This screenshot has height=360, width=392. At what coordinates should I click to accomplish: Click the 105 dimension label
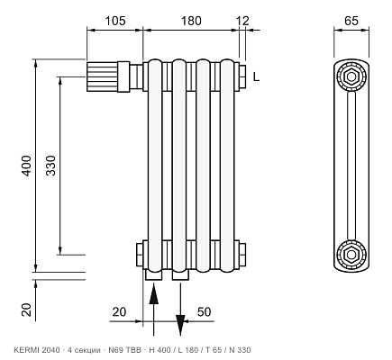[x=115, y=21]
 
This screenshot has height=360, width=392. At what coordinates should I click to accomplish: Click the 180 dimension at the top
[x=191, y=21]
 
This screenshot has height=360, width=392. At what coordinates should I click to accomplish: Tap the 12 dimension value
[x=242, y=21]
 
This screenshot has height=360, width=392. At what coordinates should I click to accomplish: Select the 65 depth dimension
[x=351, y=21]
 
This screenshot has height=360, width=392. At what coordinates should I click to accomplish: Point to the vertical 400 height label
[x=26, y=166]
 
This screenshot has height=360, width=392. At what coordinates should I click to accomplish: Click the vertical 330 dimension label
[x=50, y=166]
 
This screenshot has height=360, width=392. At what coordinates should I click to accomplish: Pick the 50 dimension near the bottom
[x=204, y=312]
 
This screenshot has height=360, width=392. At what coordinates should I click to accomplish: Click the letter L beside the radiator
[x=256, y=77]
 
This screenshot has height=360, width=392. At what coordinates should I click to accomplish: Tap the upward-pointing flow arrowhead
[x=153, y=294]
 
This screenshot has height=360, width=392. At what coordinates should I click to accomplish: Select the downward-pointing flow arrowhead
[x=180, y=325]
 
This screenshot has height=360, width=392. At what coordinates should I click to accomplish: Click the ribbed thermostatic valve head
[x=102, y=76]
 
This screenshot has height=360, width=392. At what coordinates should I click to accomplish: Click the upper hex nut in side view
[x=351, y=76]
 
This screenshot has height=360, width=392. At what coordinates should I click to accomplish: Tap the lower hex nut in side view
[x=351, y=255]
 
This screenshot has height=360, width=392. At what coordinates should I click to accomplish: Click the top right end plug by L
[x=242, y=76]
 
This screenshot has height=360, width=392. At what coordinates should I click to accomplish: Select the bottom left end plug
[x=140, y=255]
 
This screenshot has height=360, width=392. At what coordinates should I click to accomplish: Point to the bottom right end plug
[x=242, y=255]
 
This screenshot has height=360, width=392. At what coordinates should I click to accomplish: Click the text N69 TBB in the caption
[x=124, y=350]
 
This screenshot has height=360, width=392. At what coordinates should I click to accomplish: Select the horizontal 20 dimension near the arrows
[x=119, y=312]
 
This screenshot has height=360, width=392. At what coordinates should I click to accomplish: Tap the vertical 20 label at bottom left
[x=26, y=310]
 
